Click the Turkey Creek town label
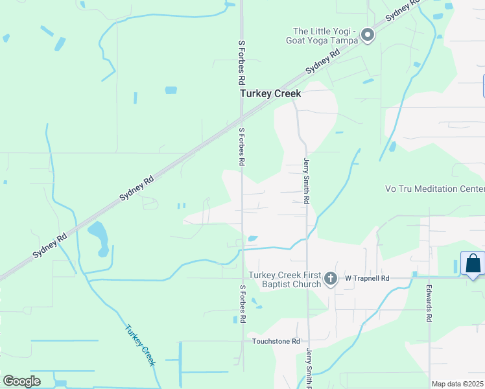pyautogui.click(x=270, y=93)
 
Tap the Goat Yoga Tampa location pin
pyautogui.click(x=368, y=35)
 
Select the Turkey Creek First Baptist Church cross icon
pyautogui.click(x=331, y=279)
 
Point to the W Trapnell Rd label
pyautogui.click(x=366, y=278)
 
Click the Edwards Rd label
pyautogui.click(x=429, y=303)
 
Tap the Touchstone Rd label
pyautogui.click(x=276, y=341)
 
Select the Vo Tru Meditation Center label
pyautogui.click(x=434, y=189)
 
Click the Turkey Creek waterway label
pyautogui.click(x=140, y=345)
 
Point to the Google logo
pyautogui.click(x=21, y=381)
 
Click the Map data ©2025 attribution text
pyautogui.click(x=456, y=384)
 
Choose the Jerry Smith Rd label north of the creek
pyautogui.click(x=305, y=181)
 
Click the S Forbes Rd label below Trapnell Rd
pyautogui.click(x=243, y=303)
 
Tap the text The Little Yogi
pyautogui.click(x=323, y=31)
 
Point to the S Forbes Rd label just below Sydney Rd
pyautogui.click(x=241, y=146)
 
